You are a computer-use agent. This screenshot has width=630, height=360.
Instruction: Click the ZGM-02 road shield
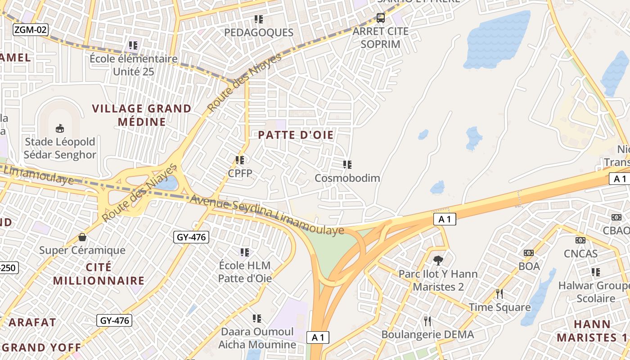30,30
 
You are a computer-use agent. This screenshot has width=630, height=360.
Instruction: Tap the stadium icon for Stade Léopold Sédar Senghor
60,129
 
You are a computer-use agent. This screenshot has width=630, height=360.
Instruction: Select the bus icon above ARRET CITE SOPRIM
381,18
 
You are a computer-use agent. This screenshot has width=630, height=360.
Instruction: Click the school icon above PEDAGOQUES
258,19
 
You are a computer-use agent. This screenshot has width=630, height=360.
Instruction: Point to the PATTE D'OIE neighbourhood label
296,135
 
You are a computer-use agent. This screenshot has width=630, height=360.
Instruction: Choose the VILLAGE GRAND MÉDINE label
142,115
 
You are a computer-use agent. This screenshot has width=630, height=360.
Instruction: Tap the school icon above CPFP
240,160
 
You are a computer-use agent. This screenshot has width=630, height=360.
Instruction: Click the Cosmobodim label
347,178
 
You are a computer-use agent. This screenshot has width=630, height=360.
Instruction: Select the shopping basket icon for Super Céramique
82,237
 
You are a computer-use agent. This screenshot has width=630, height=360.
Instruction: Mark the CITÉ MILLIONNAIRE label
99,274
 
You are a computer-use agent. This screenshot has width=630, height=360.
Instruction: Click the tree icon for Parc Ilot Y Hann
438,261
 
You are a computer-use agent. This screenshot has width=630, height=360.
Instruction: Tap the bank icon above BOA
529,253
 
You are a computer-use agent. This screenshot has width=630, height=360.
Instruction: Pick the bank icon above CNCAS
580,240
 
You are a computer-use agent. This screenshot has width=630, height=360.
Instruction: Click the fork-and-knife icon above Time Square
499,294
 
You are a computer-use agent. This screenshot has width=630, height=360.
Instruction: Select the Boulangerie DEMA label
427,334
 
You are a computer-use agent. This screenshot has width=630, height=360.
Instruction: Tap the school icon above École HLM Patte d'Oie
245,252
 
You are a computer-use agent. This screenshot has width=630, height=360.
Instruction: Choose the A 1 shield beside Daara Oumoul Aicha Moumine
318,337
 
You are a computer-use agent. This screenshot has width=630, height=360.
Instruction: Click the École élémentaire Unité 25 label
133,65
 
